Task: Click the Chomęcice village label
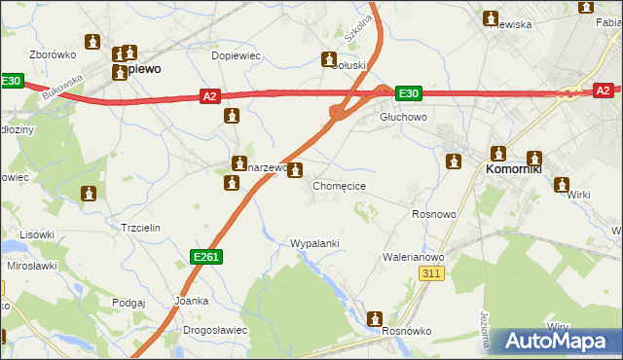pyautogui.click(x=339, y=185)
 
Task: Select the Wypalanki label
pyautogui.click(x=314, y=242)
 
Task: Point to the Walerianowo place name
pyautogui.click(x=413, y=257)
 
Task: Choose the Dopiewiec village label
pyautogui.click(x=236, y=55)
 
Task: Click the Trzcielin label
pyautogui.click(x=139, y=227)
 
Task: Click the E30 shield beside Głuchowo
pyautogui.click(x=409, y=93)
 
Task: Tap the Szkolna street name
pyautogui.click(x=357, y=28)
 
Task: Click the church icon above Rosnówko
pyautogui.click(x=375, y=318)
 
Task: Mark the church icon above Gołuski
pyautogui.click(x=330, y=60)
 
